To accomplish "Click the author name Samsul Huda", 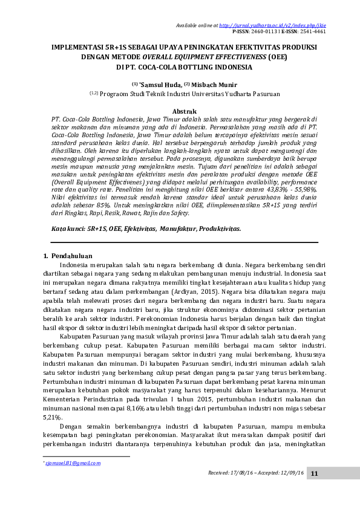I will [x=159, y=85].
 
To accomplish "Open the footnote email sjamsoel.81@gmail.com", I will [x=73, y=463].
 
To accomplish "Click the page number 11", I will [x=315, y=473].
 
